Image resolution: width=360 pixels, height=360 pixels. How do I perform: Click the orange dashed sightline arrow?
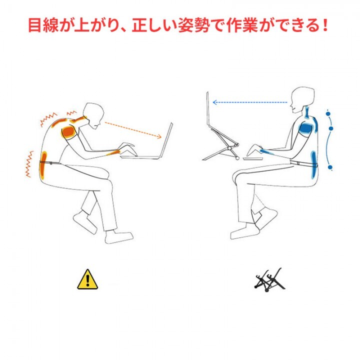132,129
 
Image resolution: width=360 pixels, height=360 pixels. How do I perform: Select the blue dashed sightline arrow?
250,102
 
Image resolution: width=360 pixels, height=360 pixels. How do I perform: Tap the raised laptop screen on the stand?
209,120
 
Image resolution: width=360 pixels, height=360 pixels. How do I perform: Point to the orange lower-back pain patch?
44,165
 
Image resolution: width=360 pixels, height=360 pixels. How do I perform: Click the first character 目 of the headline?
35,25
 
